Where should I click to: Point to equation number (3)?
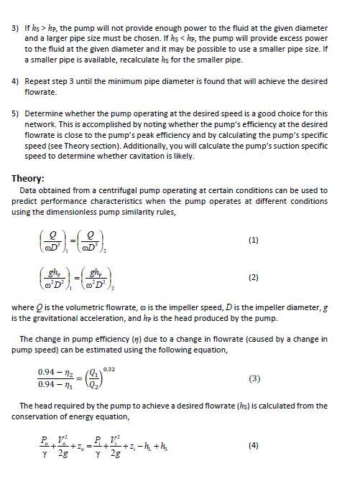pyautogui.click(x=252, y=377)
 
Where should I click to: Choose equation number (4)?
pyautogui.click(x=252, y=445)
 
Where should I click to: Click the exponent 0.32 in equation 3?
pyautogui.click(x=109, y=368)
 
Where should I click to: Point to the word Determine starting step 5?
pyautogui.click(x=45, y=113)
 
